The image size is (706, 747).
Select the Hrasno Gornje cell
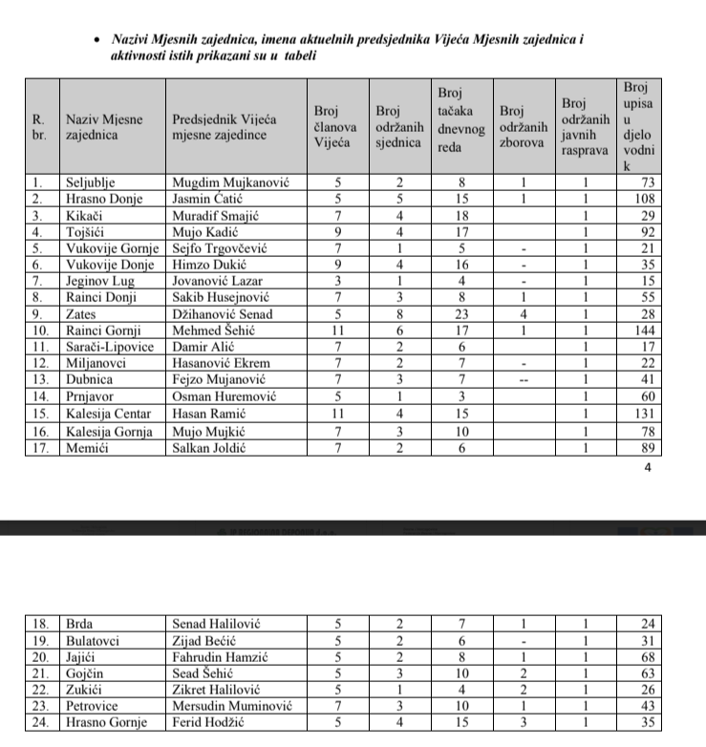[106, 723]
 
